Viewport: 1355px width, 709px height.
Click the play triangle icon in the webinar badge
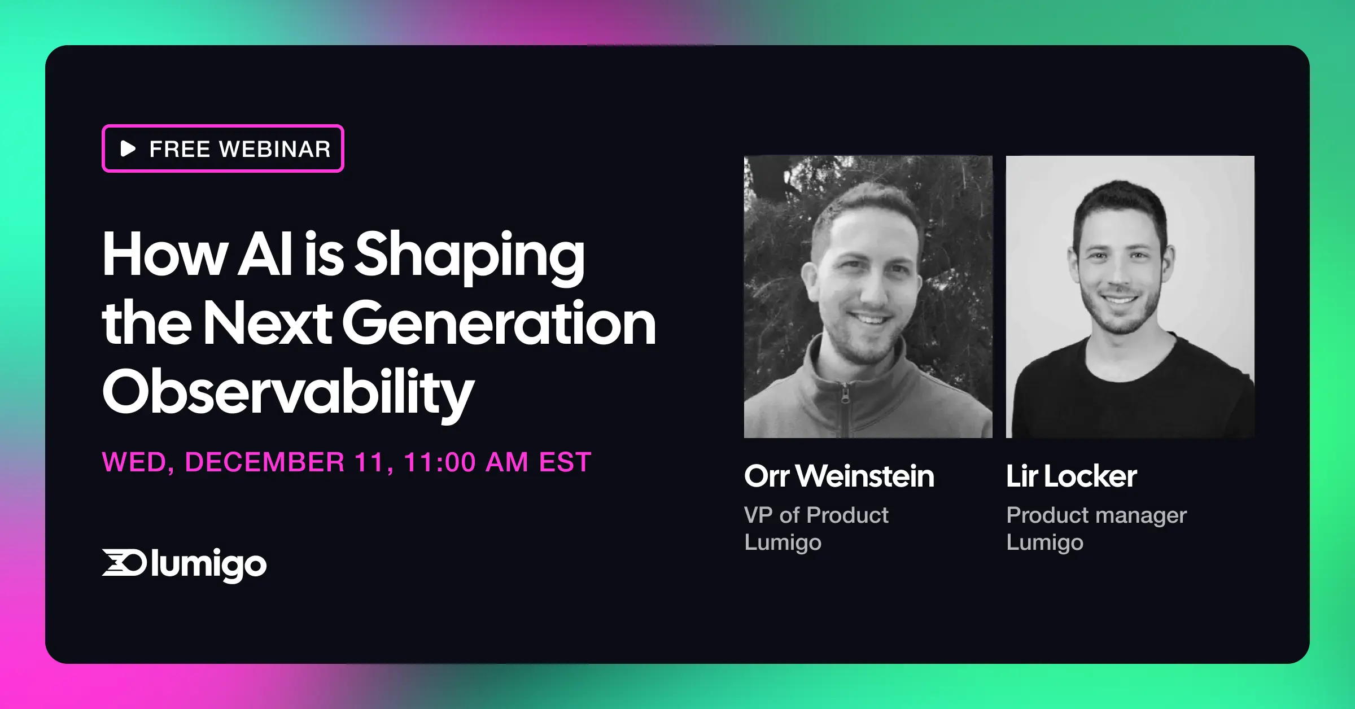[128, 149]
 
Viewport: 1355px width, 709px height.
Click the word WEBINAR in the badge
[275, 150]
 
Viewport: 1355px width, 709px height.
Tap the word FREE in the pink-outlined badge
[180, 150]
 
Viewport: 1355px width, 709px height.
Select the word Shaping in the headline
[470, 256]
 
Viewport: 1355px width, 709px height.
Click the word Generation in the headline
[499, 324]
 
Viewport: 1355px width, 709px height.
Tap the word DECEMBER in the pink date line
[264, 462]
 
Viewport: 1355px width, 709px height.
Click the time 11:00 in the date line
[440, 462]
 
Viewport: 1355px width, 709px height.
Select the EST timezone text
[565, 462]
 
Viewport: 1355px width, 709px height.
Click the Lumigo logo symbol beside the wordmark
[124, 562]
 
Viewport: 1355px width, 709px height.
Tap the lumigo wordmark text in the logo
[208, 564]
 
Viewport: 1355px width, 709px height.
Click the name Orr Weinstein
[839, 476]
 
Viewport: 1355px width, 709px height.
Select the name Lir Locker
[1071, 476]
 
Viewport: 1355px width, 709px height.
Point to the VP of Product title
[816, 515]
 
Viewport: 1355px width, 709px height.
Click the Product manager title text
[1096, 515]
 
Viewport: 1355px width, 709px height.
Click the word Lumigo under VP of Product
[783, 542]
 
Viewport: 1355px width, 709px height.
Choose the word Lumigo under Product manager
[1044, 542]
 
